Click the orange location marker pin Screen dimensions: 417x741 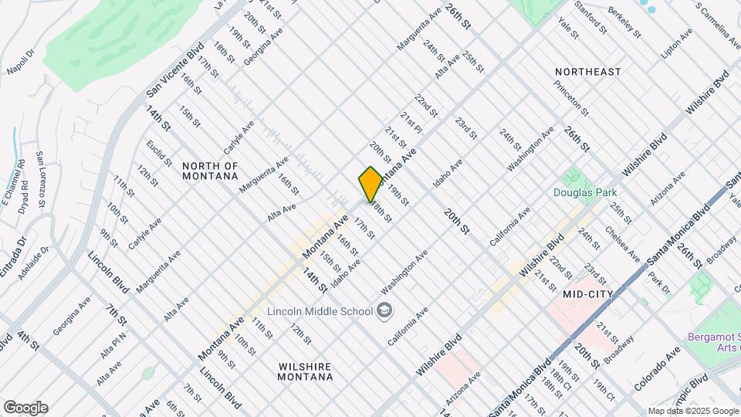point(370,184)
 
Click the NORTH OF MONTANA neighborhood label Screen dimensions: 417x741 point(210,171)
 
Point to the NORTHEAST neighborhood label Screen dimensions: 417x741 point(587,72)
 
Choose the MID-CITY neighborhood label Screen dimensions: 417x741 point(587,293)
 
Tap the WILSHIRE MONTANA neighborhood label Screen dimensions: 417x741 point(306,371)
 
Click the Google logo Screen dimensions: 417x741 point(25,408)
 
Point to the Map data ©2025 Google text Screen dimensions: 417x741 point(693,411)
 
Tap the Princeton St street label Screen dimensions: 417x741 point(570,100)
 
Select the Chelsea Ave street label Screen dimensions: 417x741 point(622,243)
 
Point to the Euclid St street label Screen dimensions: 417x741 point(161,154)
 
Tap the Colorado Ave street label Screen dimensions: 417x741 point(657,367)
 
